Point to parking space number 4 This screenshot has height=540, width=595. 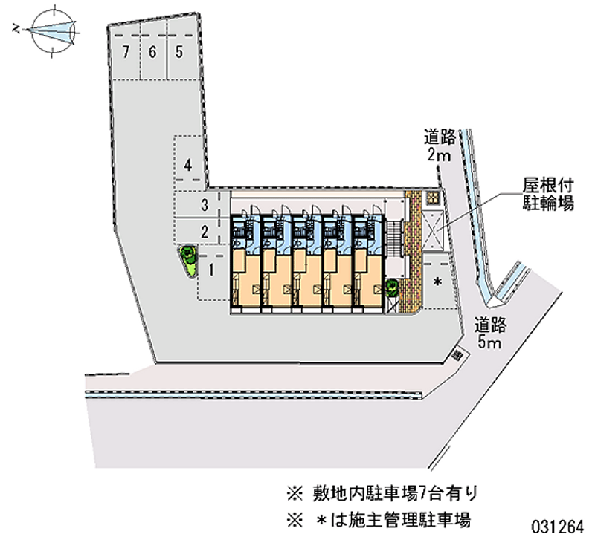pos(189,165)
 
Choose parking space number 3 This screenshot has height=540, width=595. pos(204,204)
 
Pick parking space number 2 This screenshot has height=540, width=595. pos(204,230)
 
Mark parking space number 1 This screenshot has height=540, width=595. pos(213,271)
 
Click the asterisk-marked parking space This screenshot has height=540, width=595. pos(437,283)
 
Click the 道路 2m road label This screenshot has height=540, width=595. pos(439,146)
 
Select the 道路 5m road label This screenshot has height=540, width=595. pos(490,332)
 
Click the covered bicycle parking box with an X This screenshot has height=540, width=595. pos(432,231)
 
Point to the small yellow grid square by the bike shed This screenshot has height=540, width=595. pos(431,198)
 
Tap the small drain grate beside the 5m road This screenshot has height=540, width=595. pos(457,356)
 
